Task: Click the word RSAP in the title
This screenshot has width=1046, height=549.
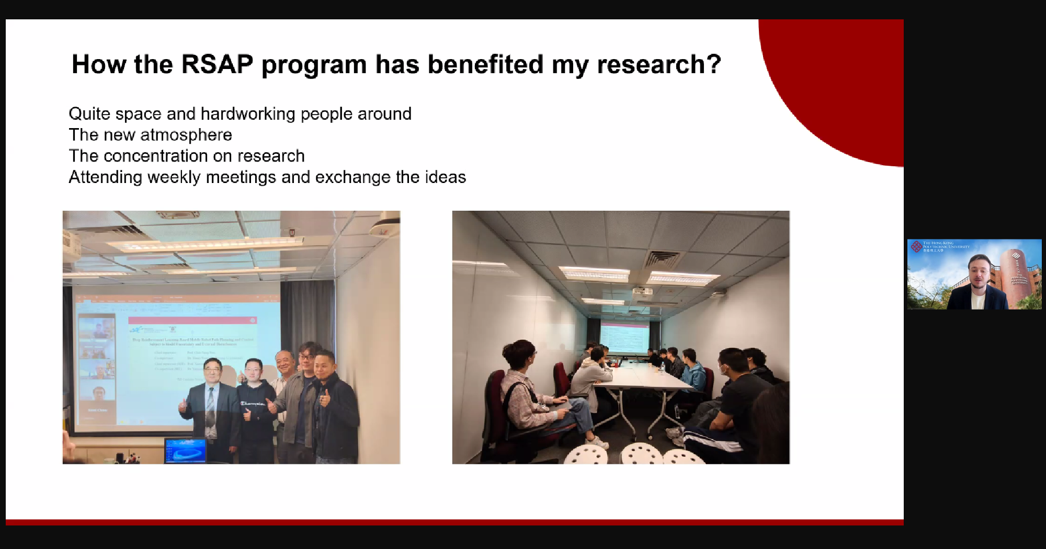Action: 217,65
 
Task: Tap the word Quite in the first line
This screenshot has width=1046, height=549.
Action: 89,114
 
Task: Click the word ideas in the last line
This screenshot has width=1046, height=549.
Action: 445,177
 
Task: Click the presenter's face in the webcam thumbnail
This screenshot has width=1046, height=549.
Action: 979,272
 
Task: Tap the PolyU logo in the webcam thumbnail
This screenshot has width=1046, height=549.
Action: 916,246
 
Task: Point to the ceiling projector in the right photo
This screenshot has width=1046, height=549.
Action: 642,291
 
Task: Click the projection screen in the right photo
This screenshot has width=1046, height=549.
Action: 624,337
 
